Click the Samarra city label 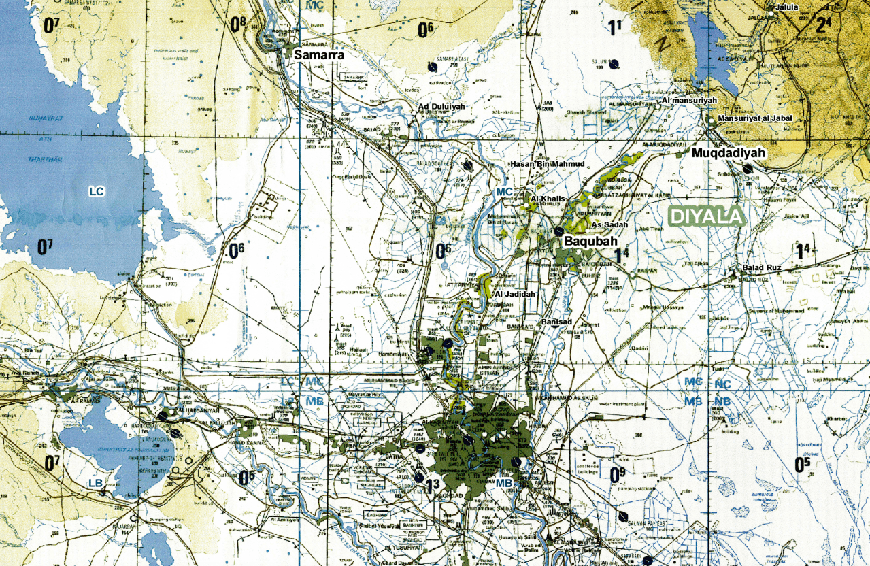click(x=319, y=55)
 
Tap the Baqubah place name click(x=589, y=241)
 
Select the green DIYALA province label click(x=706, y=216)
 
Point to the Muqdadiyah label click(x=729, y=153)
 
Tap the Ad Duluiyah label click(x=441, y=107)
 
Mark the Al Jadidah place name click(x=515, y=294)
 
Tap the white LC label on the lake click(x=97, y=192)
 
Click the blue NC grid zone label click(x=722, y=384)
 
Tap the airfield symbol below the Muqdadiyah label click(x=748, y=169)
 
